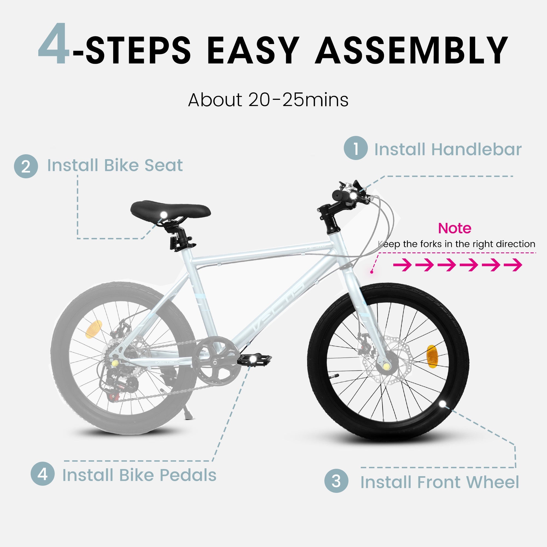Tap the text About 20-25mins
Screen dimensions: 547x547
click(268, 100)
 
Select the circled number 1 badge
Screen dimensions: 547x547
click(356, 148)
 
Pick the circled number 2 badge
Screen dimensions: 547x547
click(26, 166)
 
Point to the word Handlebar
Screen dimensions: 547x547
click(476, 149)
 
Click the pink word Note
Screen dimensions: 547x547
click(454, 228)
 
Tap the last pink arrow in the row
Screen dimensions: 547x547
click(513, 265)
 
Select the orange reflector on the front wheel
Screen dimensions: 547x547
click(432, 355)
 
